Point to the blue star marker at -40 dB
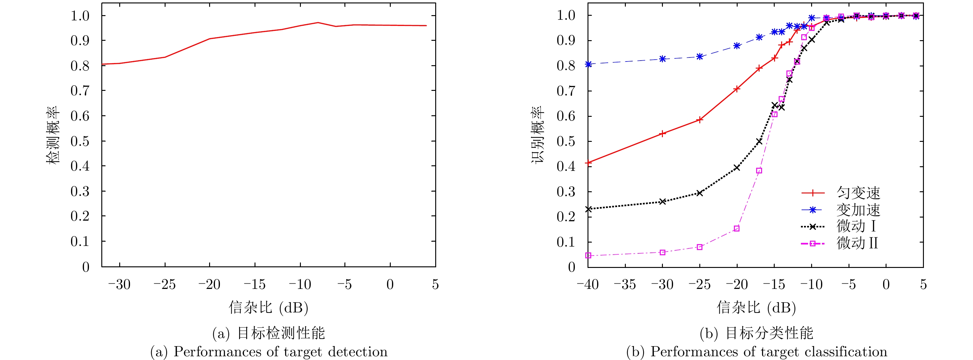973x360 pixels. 588,64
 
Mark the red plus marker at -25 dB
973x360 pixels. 700,120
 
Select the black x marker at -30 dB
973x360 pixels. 663,202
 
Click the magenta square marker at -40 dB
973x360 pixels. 588,255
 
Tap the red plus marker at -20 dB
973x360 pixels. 737,89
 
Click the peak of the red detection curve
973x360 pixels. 318,23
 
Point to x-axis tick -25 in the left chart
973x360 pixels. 165,285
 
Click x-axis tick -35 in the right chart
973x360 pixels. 625,285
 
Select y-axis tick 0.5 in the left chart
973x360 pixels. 80,141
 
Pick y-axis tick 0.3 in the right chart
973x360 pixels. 566,192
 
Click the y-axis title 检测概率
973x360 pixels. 53,135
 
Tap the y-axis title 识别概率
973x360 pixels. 538,135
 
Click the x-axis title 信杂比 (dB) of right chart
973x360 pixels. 756,307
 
